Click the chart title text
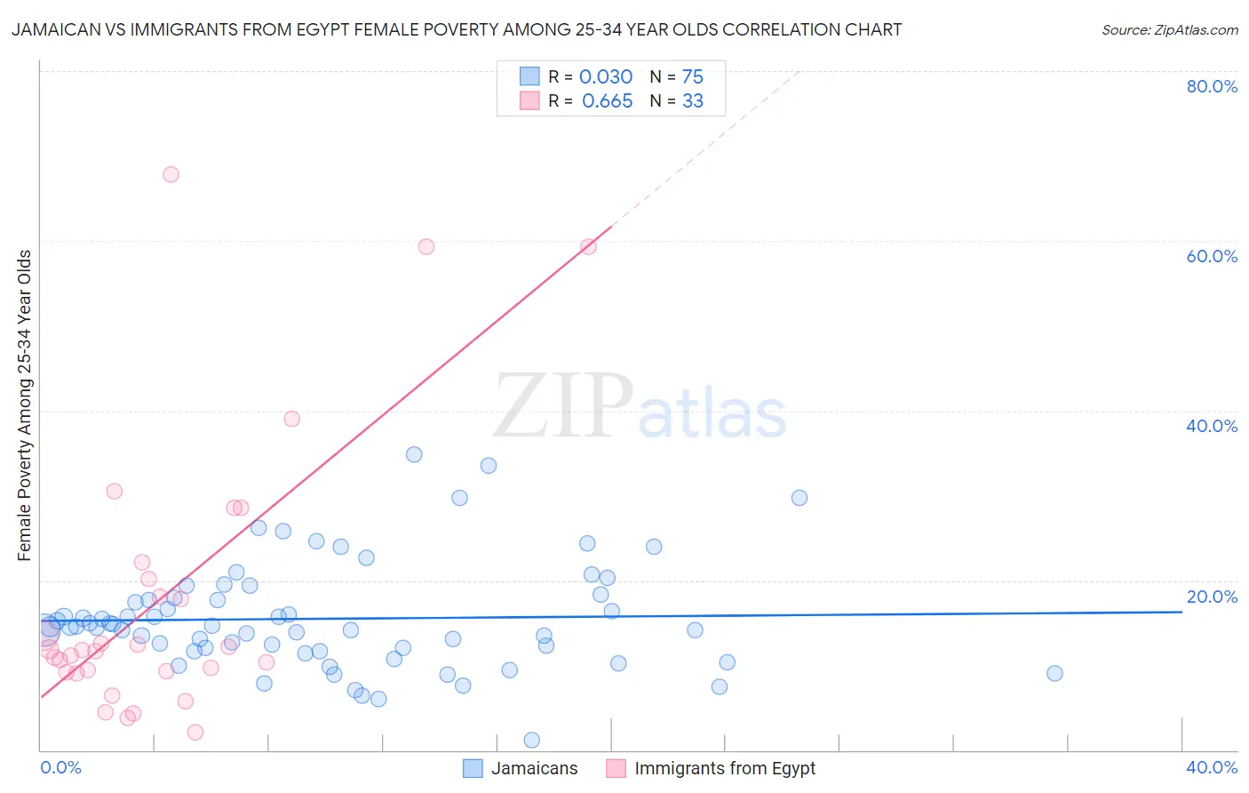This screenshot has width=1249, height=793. [x=456, y=29]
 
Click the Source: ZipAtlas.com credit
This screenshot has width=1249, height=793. [x=1169, y=29]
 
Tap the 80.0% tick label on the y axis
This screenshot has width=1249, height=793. [x=1212, y=86]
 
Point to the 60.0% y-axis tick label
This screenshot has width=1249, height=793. [x=1212, y=256]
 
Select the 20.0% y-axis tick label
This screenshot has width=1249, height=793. [x=1212, y=597]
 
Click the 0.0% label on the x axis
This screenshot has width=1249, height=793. [x=60, y=767]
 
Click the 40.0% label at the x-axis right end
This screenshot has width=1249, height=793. [x=1212, y=767]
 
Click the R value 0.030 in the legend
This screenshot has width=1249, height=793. [x=606, y=77]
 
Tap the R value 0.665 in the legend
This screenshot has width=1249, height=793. [x=607, y=101]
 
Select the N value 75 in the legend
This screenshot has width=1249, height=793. [x=692, y=77]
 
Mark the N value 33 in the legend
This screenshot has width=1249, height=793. [x=692, y=101]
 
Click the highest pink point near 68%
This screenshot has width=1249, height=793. [x=171, y=174]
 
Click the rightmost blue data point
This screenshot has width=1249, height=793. [x=1054, y=673]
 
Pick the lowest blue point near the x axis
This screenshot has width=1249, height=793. [x=532, y=740]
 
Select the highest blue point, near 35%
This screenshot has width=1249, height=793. [x=414, y=454]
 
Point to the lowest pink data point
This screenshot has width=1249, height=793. [x=195, y=732]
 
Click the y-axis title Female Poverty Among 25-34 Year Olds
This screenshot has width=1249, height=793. [x=25, y=405]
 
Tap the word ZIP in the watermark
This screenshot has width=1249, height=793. [x=562, y=407]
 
